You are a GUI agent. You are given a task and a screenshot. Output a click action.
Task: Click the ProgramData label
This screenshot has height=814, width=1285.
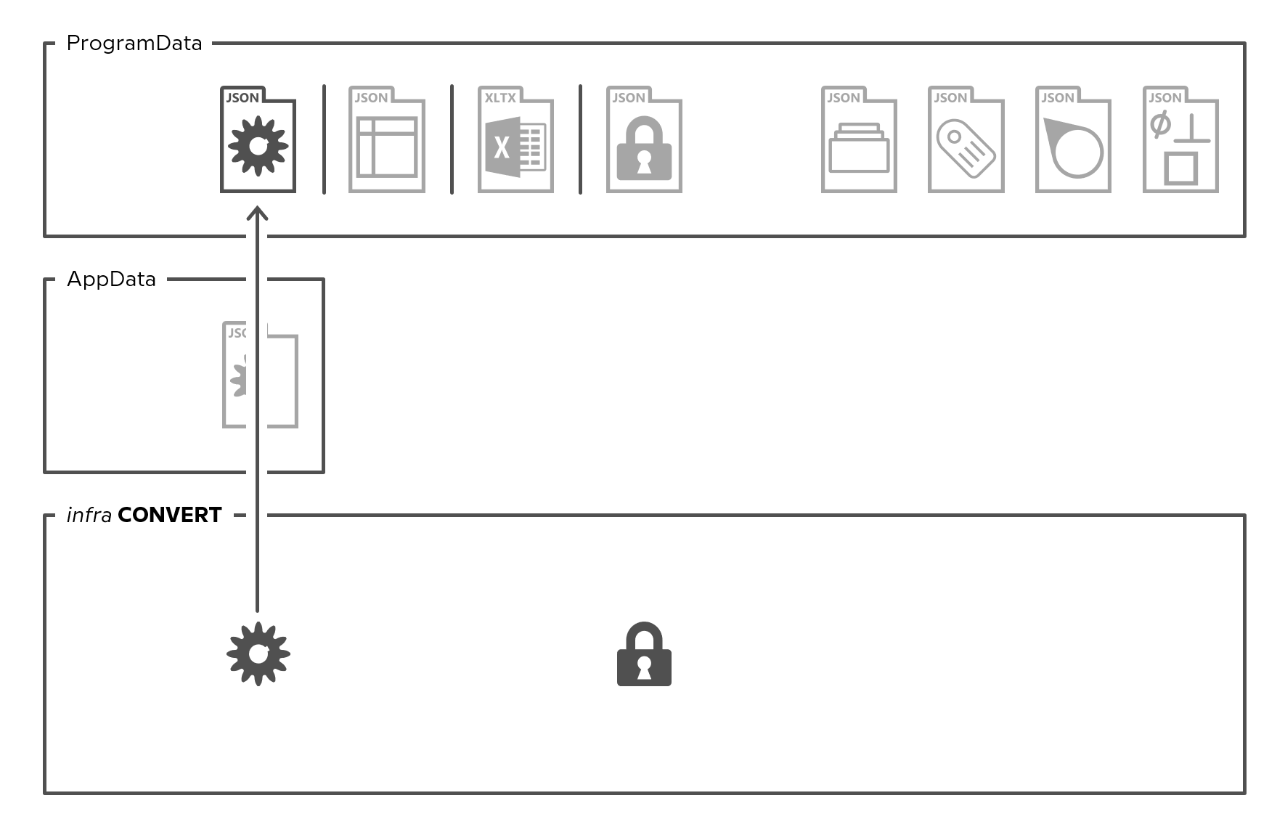click(134, 44)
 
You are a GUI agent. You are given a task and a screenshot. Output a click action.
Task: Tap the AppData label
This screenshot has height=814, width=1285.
click(111, 280)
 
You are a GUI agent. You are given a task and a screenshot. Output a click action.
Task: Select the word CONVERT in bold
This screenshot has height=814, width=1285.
click(170, 515)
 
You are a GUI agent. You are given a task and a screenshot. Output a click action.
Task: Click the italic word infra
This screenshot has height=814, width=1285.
click(89, 515)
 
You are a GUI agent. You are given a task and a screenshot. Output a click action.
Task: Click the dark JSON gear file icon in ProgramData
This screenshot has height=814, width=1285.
click(258, 139)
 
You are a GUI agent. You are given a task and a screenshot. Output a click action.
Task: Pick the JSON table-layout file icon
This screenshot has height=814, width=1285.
click(386, 139)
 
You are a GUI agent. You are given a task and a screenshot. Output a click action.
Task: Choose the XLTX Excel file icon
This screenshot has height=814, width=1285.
click(515, 139)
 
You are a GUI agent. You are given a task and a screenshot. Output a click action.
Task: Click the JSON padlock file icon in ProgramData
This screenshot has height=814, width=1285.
click(644, 139)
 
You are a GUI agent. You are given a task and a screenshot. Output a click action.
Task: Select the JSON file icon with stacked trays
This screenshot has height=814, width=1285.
click(859, 139)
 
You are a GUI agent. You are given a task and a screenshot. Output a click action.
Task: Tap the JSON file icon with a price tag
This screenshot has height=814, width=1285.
click(966, 139)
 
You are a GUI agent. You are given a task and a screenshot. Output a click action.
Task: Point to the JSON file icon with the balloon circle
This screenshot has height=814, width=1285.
click(1073, 139)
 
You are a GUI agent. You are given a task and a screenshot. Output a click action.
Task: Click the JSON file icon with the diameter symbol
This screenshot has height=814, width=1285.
click(1180, 139)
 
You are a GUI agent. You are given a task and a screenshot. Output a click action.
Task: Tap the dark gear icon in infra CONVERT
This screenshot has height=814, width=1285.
click(258, 654)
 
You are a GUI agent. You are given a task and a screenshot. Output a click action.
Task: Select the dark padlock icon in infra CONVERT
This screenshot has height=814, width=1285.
click(644, 654)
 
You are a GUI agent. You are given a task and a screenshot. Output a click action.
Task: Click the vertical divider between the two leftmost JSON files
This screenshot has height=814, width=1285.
click(324, 139)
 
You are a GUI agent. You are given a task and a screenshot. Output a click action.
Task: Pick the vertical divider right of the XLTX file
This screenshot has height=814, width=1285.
click(580, 139)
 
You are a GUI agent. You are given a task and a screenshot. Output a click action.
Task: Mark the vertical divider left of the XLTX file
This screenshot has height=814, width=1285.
click(452, 139)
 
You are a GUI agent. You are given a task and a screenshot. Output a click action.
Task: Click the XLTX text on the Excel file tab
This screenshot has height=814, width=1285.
click(500, 98)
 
